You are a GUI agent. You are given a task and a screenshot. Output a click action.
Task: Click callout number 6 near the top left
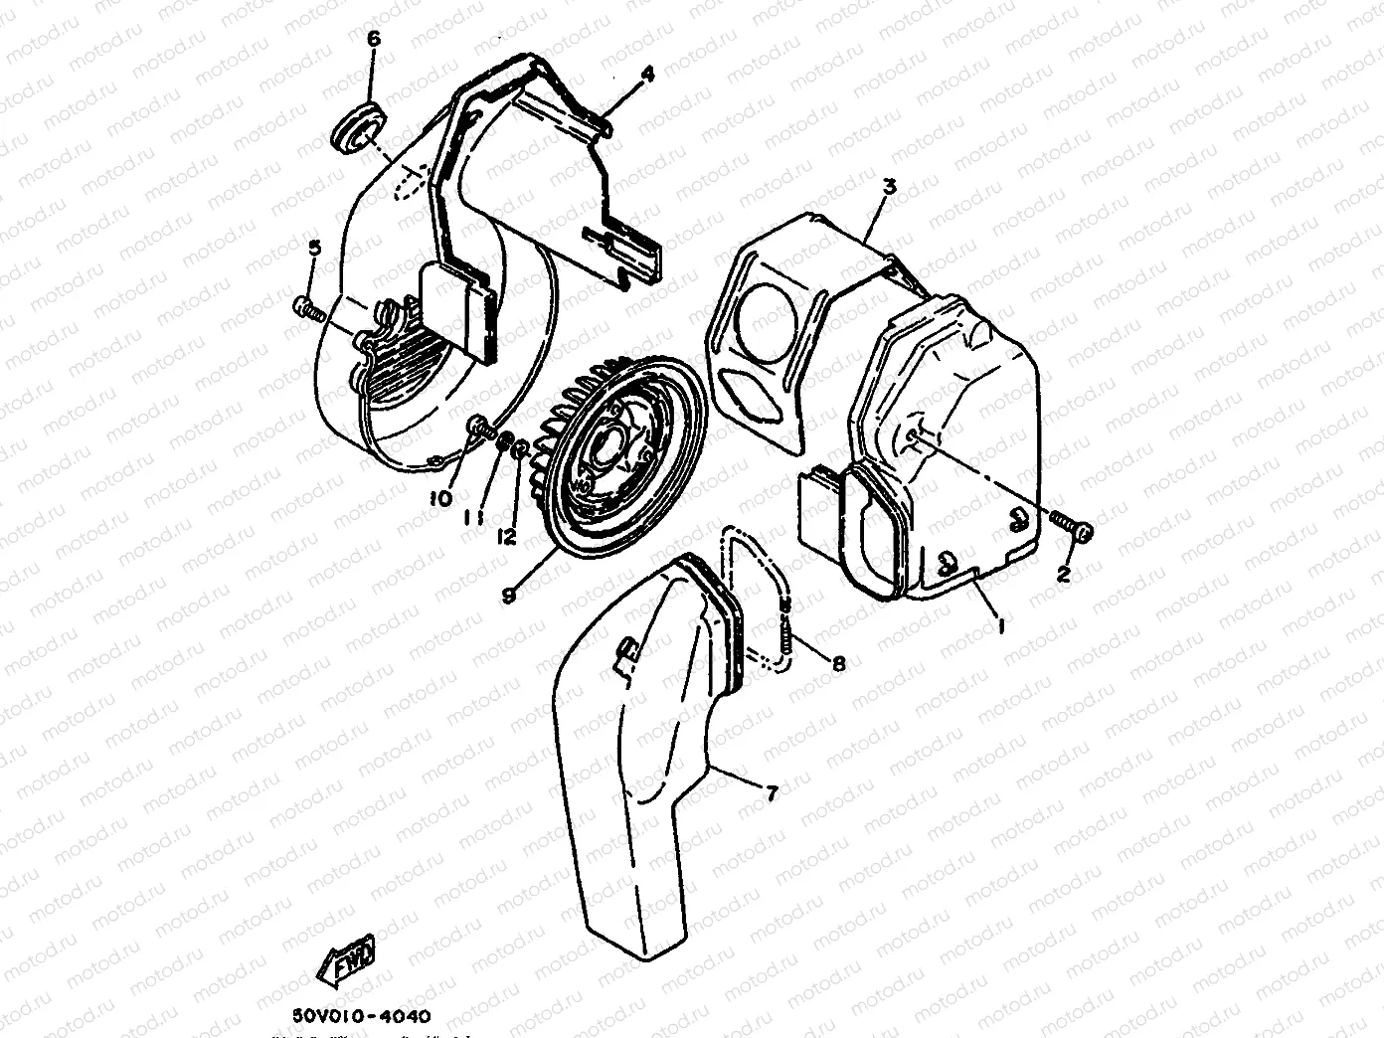point(374,40)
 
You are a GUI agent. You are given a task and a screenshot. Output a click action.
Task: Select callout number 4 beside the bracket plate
point(647,75)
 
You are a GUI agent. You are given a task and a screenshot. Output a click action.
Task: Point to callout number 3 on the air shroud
point(890,187)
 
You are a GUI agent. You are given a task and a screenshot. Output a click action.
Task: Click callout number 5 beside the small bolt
point(313,249)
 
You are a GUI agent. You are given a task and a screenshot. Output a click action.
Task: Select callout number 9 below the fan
point(508,595)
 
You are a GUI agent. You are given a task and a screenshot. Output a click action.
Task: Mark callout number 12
point(507,536)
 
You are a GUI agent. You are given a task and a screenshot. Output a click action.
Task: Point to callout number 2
point(1063,574)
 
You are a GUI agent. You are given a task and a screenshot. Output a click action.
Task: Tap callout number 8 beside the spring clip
point(838,663)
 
